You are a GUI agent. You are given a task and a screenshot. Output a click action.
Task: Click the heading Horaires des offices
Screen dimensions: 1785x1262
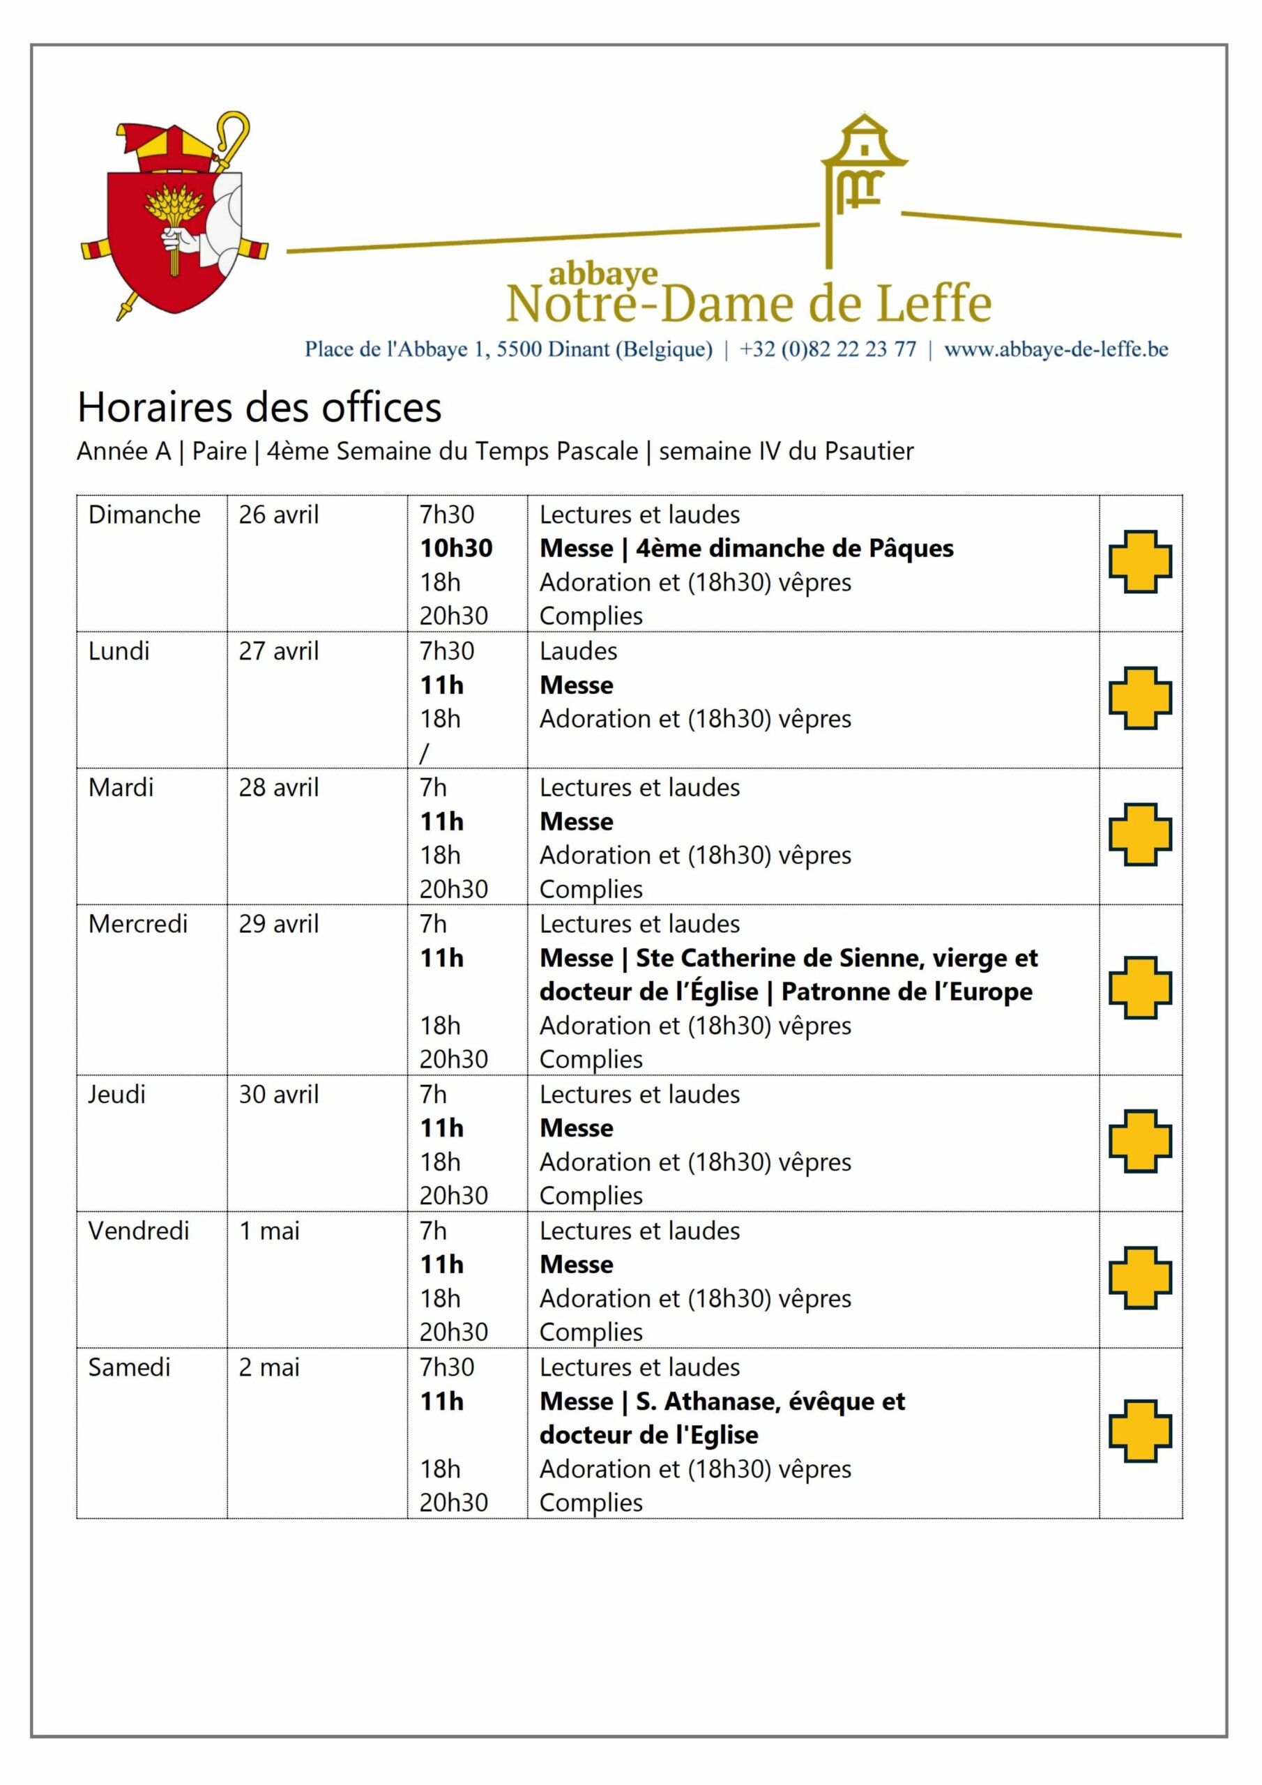(259, 407)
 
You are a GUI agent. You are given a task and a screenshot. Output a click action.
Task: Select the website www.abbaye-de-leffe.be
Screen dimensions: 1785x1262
(1055, 349)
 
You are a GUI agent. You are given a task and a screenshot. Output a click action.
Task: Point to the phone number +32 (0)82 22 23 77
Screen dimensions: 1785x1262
(828, 349)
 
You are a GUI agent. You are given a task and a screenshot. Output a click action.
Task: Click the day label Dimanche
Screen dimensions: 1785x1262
(144, 515)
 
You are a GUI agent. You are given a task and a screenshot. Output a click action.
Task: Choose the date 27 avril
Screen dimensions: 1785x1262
(278, 651)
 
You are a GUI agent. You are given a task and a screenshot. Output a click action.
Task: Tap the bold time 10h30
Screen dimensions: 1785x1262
(456, 548)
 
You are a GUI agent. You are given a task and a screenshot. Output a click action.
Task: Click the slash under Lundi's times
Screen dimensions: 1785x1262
(424, 752)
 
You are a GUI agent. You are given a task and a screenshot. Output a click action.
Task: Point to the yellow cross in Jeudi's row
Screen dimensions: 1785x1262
(1139, 1141)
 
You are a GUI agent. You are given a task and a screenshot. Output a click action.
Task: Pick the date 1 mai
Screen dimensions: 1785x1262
(269, 1231)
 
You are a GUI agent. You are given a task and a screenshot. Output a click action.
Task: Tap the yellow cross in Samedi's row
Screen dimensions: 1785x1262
(1139, 1431)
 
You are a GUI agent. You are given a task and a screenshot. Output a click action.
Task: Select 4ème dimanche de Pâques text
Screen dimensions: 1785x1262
(794, 548)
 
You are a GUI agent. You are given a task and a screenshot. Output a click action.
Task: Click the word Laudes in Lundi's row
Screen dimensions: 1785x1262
(578, 651)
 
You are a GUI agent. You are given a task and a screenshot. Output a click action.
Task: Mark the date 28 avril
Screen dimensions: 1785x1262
(278, 787)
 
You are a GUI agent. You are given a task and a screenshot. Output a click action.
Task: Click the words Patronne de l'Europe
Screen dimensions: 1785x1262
(906, 992)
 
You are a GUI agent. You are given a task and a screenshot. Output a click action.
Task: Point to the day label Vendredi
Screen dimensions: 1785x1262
(139, 1231)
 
